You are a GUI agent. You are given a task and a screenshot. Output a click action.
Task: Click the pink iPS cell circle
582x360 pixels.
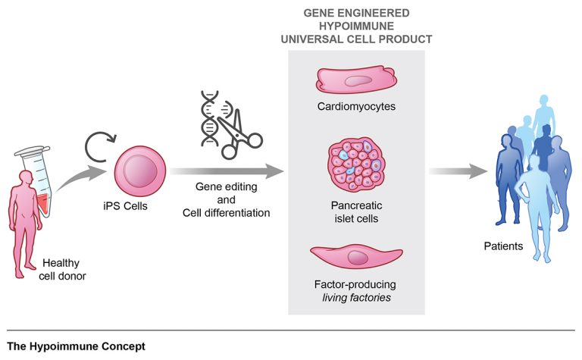140,171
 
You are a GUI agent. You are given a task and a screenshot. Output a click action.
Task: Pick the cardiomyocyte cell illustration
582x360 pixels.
356,80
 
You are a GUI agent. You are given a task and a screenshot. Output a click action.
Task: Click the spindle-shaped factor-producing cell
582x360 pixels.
356,257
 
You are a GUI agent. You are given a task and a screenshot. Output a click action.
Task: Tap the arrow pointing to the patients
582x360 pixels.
458,171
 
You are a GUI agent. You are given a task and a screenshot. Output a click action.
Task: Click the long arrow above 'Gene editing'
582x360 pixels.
227,171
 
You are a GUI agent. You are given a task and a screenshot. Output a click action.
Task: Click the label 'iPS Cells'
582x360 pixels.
126,206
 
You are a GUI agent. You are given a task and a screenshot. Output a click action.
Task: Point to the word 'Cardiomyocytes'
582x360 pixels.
356,107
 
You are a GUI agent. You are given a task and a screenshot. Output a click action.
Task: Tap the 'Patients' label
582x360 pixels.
503,246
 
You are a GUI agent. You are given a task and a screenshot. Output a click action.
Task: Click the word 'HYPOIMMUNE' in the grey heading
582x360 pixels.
356,26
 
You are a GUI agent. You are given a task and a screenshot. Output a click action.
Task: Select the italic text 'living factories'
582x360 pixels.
356,298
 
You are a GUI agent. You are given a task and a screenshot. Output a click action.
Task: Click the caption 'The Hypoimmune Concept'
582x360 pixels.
76,346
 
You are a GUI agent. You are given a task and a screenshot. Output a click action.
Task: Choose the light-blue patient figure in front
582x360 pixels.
537,208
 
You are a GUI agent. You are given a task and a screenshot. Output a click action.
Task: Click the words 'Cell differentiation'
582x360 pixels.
226,213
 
